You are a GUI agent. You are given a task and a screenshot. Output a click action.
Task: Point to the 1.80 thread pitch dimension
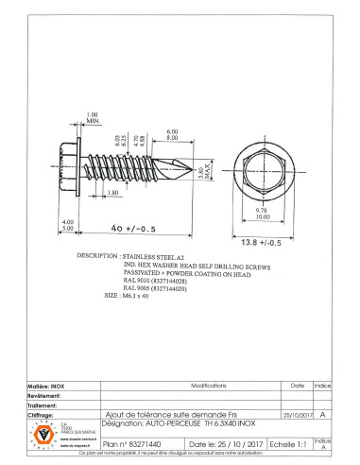(112, 194)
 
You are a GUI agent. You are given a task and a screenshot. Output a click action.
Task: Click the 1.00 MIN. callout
(93, 118)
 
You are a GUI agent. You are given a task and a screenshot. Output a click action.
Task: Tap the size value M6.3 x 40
(132, 296)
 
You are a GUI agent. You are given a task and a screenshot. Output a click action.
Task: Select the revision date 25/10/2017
(297, 414)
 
